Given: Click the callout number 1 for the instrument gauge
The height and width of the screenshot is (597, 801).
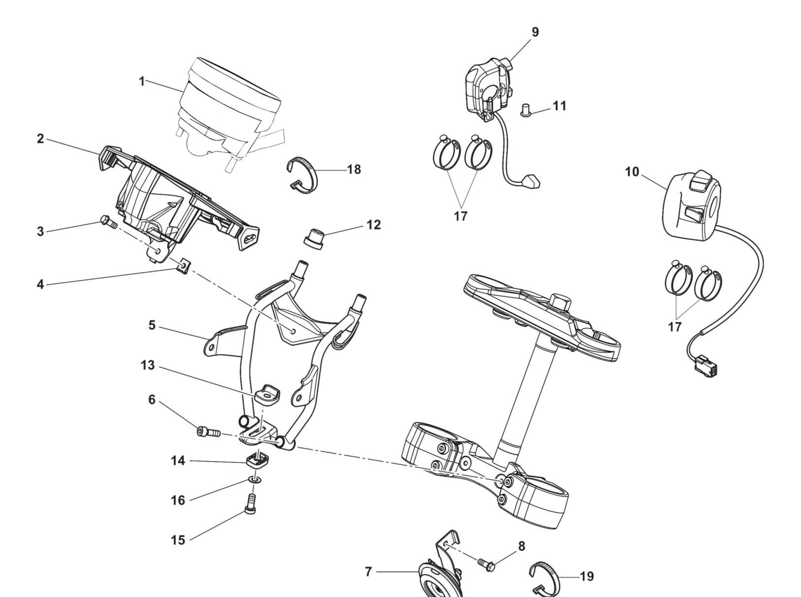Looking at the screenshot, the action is pyautogui.click(x=142, y=81).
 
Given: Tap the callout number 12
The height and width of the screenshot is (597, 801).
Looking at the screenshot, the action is pyautogui.click(x=374, y=225).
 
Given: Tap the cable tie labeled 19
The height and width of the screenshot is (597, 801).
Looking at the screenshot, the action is pyautogui.click(x=545, y=580).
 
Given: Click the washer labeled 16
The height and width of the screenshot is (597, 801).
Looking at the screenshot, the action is pyautogui.click(x=255, y=480).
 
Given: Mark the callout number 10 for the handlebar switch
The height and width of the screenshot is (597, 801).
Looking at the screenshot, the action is pyautogui.click(x=632, y=172).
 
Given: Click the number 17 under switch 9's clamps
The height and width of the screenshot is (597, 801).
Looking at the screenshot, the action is pyautogui.click(x=461, y=216).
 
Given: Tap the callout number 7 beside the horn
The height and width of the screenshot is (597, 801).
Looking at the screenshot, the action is pyautogui.click(x=368, y=572).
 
